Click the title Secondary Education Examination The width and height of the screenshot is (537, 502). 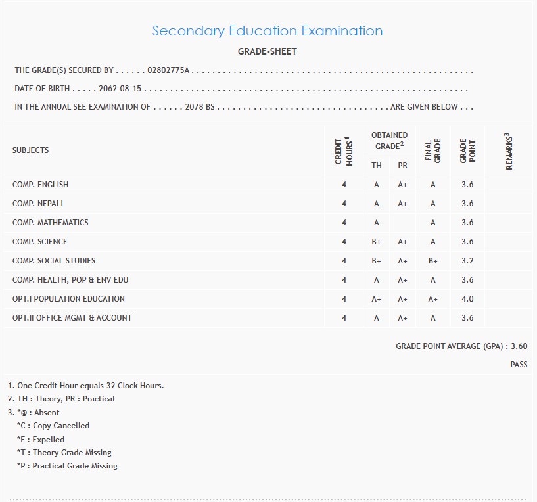click(267, 31)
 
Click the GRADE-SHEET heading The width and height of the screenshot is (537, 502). click(267, 51)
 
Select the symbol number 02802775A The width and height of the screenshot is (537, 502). click(168, 70)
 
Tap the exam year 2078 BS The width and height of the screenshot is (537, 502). click(201, 107)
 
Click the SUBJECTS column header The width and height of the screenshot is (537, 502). click(30, 150)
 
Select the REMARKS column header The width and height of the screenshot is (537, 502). click(509, 151)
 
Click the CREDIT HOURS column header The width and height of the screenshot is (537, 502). click(344, 151)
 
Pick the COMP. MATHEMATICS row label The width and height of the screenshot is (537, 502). click(50, 223)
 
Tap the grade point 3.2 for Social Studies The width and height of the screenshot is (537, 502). click(467, 261)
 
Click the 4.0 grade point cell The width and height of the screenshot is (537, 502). click(467, 299)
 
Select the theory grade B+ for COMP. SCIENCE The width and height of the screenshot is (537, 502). click(377, 242)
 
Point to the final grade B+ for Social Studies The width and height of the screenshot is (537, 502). click(433, 261)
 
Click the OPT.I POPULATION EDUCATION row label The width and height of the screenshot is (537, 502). click(68, 299)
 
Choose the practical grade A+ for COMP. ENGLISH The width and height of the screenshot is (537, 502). click(403, 185)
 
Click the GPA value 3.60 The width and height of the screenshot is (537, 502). click(519, 346)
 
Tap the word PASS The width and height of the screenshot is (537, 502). click(519, 365)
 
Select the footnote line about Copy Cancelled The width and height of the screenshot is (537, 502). click(53, 426)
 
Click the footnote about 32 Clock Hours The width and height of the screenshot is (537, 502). click(86, 386)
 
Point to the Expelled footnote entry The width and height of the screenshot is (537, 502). click(41, 440)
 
